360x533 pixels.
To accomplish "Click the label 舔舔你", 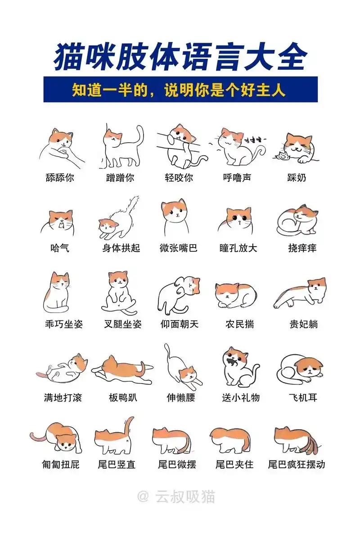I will (x=60, y=177).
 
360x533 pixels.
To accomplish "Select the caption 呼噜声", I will (x=237, y=177).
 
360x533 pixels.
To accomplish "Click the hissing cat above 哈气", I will (x=60, y=221).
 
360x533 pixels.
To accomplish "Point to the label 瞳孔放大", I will (x=238, y=248).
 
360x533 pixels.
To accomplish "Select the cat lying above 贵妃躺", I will (x=301, y=293).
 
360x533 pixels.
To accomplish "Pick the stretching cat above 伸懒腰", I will (x=182, y=367).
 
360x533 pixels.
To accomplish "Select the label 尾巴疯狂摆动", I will (x=296, y=464).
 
